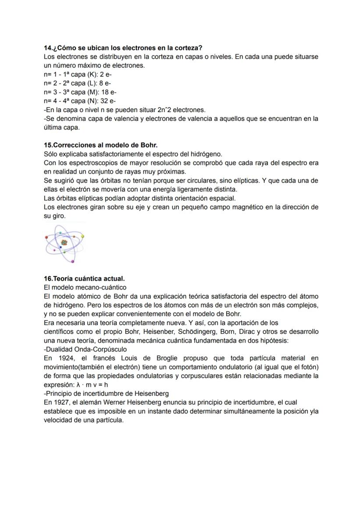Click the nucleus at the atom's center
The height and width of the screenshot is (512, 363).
(64, 242)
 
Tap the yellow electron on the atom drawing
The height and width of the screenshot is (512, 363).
(82, 236)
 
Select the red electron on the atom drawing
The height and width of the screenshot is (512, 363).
(54, 250)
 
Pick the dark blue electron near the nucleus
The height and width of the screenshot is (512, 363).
(60, 247)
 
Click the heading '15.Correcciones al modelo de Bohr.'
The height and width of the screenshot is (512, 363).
(98, 145)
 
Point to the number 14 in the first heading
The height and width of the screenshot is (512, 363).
(48, 48)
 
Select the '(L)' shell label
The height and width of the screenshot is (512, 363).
(92, 83)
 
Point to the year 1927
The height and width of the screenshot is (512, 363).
(60, 403)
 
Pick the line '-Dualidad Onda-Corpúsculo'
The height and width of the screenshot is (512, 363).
(85, 350)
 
